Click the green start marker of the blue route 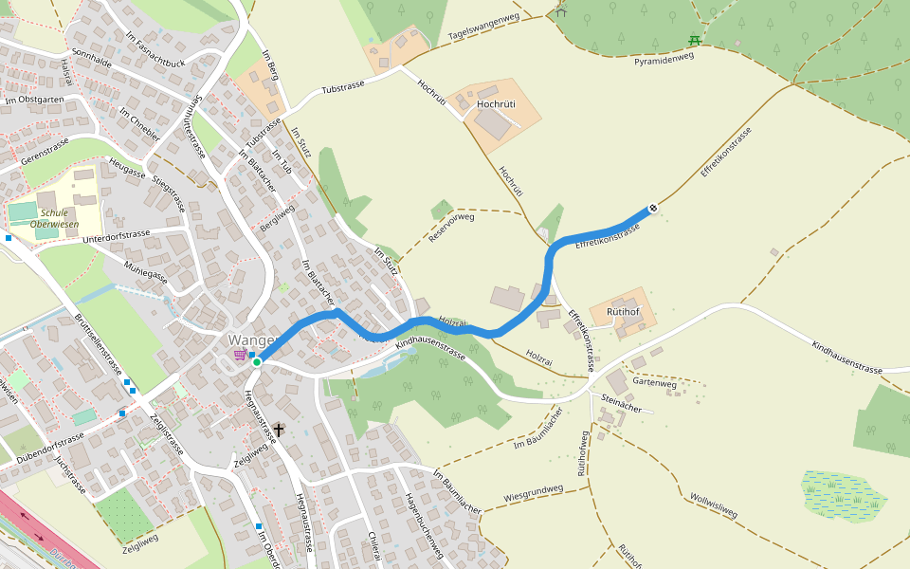pos(257,362)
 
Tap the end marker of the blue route pos(653,209)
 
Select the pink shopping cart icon pos(241,355)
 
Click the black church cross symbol pos(279,430)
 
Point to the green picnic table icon pos(695,40)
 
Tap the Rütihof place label pos(623,311)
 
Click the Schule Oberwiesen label pos(53,218)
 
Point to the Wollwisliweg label pos(714,505)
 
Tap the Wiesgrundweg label pos(534,494)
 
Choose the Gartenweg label pos(654,383)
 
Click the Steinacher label pos(622,406)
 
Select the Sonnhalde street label pos(92,58)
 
